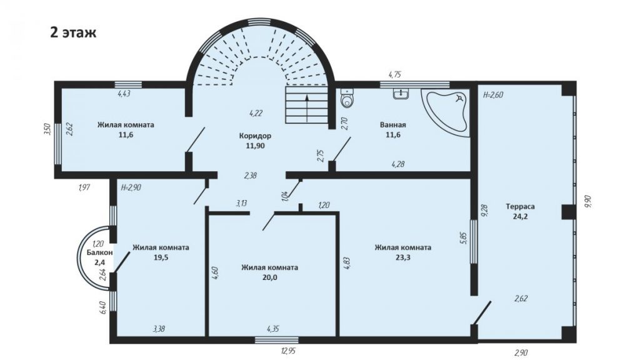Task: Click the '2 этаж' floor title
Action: pos(73,32)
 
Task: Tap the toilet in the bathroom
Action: pos(347,98)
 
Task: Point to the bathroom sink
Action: pos(401,94)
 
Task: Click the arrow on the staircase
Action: pos(306,108)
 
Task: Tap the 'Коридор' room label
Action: pos(255,136)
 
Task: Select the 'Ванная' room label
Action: pos(392,125)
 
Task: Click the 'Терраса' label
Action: pos(520,206)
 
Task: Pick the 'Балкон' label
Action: pos(99,252)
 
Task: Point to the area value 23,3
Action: pos(403,257)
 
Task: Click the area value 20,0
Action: pos(269,277)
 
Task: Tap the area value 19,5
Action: pos(161,257)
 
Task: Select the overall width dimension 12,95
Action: pos(288,351)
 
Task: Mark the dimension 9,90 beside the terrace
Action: pos(588,202)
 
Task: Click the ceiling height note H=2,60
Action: pos(493,95)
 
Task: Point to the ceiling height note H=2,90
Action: pos(131,187)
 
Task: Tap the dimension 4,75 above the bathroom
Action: pos(395,74)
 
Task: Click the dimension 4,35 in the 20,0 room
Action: pos(272,329)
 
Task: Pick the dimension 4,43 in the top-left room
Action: pos(124,94)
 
